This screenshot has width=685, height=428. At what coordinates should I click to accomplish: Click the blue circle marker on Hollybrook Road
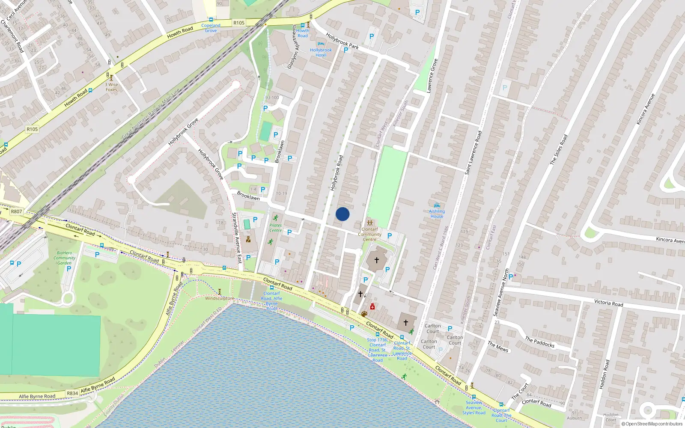[x=342, y=214]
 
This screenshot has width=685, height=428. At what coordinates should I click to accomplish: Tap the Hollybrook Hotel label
[x=321, y=53]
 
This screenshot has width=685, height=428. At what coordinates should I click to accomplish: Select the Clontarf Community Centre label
[x=369, y=234]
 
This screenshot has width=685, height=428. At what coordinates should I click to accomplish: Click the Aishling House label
[x=437, y=214]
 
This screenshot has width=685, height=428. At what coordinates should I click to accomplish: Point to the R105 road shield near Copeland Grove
[x=239, y=23]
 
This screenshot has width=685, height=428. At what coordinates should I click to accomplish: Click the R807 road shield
[x=16, y=211]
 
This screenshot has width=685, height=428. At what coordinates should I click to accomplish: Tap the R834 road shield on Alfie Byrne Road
[x=72, y=393]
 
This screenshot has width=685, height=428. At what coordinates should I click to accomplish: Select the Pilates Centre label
[x=275, y=228]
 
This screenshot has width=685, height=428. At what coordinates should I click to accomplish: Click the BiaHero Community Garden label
[x=64, y=258]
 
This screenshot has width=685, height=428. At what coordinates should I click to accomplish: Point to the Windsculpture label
[x=220, y=298]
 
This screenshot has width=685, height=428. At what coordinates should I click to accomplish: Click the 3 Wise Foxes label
[x=111, y=87]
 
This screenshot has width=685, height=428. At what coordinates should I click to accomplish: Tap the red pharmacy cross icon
[x=372, y=307]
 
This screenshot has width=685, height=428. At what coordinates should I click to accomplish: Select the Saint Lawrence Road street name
[x=473, y=153]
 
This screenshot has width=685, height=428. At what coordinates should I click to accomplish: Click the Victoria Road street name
[x=608, y=303]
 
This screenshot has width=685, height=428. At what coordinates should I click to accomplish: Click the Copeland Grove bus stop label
[x=211, y=28]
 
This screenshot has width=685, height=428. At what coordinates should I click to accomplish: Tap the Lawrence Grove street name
[x=432, y=76]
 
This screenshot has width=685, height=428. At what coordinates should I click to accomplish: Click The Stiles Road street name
[x=558, y=149]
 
